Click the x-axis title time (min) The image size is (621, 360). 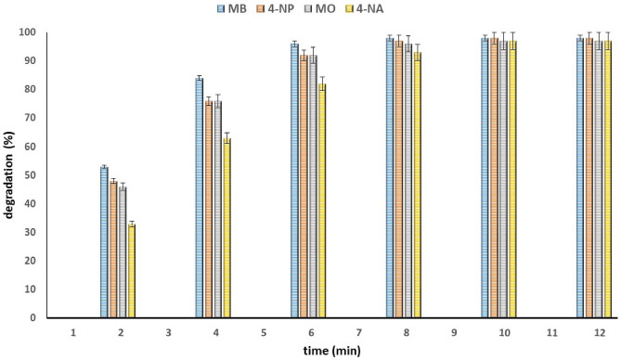point(336,350)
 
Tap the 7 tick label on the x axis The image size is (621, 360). point(359,332)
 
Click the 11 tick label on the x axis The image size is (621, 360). point(550,332)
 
